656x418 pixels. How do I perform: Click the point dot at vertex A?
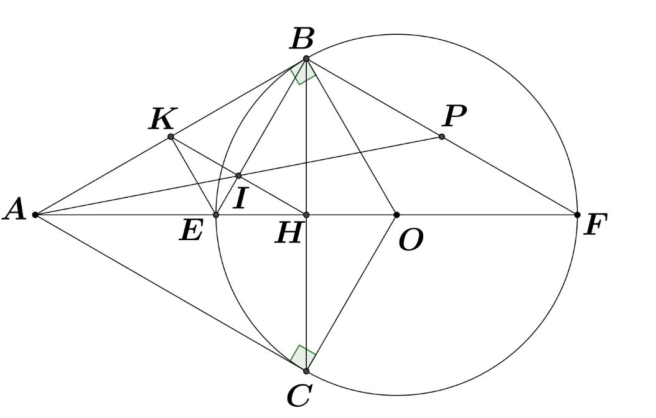pos(35,215)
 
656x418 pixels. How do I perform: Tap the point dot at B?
pos(306,58)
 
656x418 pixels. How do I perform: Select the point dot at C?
pos(306,371)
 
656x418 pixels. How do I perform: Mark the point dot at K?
pos(171,136)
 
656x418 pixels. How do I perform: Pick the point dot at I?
pos(238,176)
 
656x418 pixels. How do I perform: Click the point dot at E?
pos(216,215)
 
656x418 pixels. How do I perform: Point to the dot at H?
pos(306,215)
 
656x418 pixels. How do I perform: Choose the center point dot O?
pos(396,215)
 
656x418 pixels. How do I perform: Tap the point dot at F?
pos(578,215)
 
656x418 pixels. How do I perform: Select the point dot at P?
pos(442,136)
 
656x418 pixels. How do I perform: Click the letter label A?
pos(15,210)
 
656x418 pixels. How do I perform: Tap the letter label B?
pos(302,40)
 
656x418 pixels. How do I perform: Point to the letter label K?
pos(162,119)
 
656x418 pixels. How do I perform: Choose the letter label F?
pos(596,225)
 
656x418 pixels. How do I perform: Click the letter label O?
pos(410,239)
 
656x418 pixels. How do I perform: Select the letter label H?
pos(288,234)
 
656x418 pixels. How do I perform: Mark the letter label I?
pos(240,198)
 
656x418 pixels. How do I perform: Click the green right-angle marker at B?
pos(303,72)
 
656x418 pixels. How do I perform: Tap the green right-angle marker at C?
pos(303,358)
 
